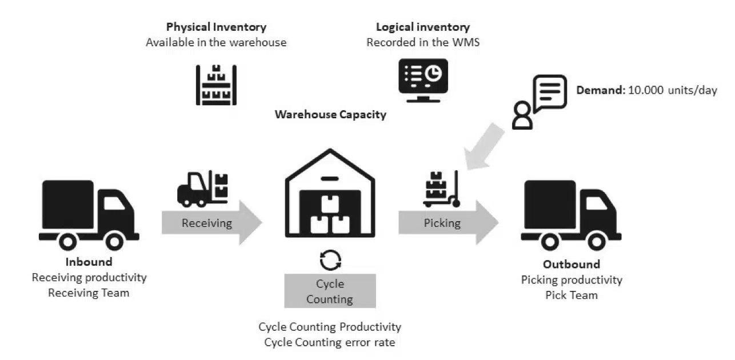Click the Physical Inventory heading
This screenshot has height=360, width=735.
tap(216, 27)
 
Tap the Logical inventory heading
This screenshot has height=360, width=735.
tap(422, 27)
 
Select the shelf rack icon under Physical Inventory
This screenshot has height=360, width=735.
tap(216, 85)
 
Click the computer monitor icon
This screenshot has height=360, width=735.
tap(422, 80)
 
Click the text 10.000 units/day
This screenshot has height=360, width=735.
tap(672, 90)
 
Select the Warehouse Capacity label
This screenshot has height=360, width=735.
tap(330, 114)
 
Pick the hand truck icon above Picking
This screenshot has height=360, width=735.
tap(440, 189)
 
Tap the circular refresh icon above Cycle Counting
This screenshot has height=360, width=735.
tap(330, 261)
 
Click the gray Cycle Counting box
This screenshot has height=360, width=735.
tap(330, 291)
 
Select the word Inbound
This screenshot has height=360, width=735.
tap(89, 262)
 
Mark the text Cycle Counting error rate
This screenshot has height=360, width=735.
tap(329, 342)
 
